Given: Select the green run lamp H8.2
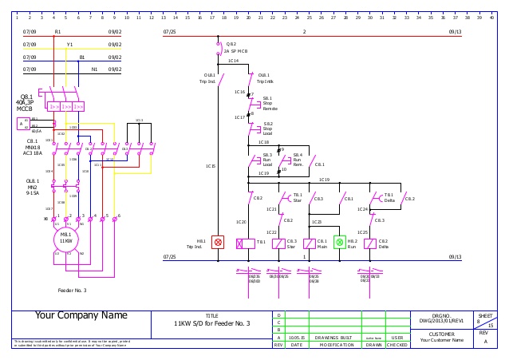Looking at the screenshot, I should [338, 241].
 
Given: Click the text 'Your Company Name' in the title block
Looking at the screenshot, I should [81, 315].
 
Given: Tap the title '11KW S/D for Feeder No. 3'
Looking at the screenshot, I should [212, 323].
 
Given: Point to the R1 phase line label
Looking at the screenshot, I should [57, 32].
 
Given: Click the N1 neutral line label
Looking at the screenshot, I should [94, 69].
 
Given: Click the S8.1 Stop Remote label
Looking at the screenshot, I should [269, 102].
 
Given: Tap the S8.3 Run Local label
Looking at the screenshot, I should [268, 159].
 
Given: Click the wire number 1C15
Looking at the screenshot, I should [211, 166].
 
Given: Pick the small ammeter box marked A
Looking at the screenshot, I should [21, 123].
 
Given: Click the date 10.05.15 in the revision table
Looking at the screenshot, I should [297, 338].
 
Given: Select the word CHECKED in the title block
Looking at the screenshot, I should [397, 345].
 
